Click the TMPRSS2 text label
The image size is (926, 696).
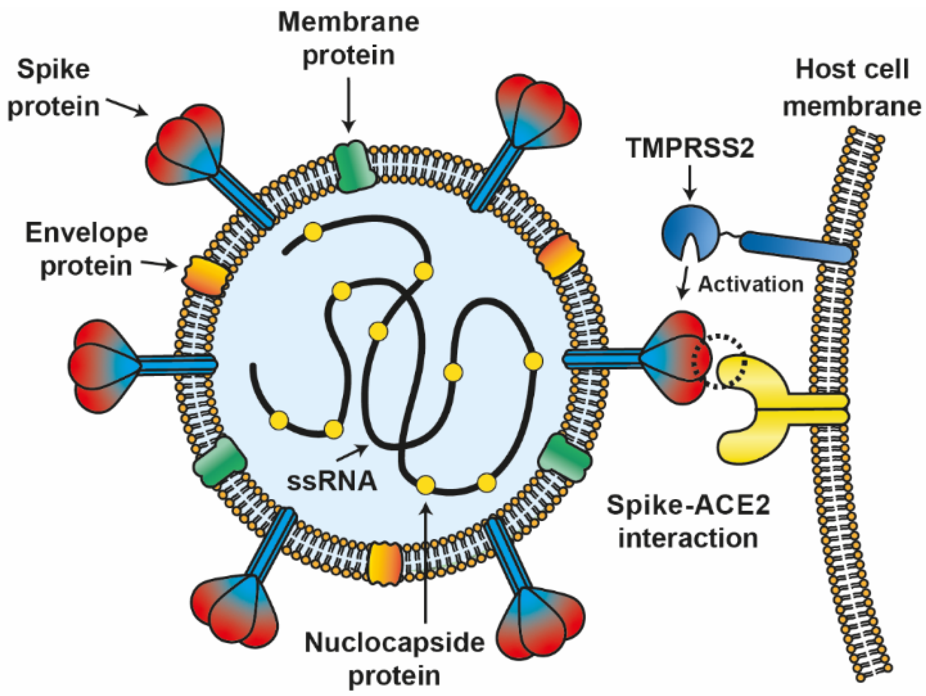pos(689,148)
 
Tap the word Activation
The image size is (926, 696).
pos(750,284)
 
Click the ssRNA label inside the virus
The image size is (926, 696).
pos(332,481)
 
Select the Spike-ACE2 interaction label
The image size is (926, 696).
pos(688,521)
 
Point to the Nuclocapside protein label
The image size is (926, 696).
pos(394,659)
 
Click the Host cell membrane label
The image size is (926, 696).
pos(852,88)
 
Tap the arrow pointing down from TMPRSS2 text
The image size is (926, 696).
pos(690,181)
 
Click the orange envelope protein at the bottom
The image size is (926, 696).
pos(385,564)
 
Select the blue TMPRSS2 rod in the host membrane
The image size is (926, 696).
pos(795,247)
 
